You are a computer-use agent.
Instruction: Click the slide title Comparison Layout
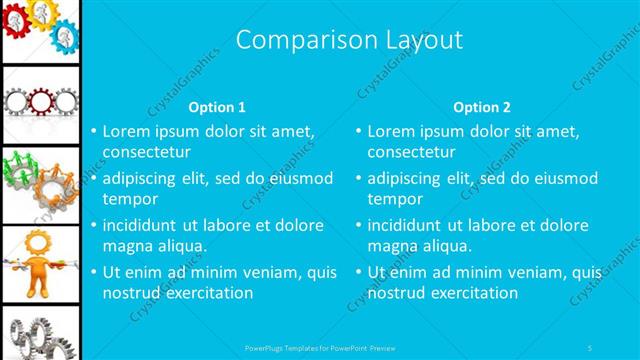tap(349, 40)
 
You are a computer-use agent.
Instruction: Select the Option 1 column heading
tap(217, 107)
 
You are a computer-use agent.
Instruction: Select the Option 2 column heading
tap(482, 107)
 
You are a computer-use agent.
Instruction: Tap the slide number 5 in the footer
tap(590, 347)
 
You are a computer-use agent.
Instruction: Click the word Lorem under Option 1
tap(127, 131)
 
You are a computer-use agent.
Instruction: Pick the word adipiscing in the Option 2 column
tap(404, 178)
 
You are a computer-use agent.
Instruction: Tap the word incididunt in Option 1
tap(141, 225)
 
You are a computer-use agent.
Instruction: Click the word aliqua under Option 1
tap(181, 246)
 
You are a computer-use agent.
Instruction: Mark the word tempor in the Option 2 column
tap(395, 199)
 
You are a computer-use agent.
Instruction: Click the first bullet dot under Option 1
tap(93, 131)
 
